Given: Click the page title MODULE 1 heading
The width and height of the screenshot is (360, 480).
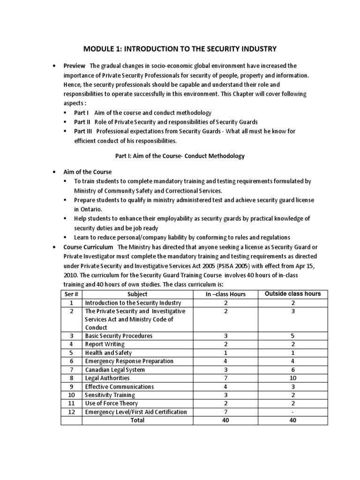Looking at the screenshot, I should click(x=180, y=48).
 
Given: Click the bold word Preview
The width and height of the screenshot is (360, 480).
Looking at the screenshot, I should click(x=75, y=66).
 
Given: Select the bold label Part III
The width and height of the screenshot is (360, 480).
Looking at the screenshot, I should click(x=83, y=131).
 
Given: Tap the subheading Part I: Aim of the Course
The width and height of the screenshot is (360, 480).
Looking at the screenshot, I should click(x=180, y=156).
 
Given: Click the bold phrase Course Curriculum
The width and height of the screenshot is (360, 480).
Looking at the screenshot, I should click(x=89, y=247).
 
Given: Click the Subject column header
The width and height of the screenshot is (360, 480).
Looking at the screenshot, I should click(x=137, y=294).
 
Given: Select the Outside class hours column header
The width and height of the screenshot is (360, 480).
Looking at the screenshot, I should click(x=292, y=294).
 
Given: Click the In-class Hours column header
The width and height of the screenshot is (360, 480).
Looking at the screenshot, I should click(x=225, y=294).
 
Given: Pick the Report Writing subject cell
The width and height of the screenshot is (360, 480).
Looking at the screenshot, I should click(x=105, y=345).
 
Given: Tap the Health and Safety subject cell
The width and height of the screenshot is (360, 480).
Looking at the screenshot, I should click(x=108, y=353).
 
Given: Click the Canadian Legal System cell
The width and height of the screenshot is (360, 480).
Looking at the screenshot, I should click(x=114, y=370).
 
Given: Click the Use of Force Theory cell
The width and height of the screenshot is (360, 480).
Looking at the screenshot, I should click(x=111, y=404).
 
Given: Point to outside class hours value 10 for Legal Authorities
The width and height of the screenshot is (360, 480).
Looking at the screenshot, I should click(x=292, y=378).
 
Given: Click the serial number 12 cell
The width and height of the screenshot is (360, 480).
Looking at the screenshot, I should click(x=72, y=412).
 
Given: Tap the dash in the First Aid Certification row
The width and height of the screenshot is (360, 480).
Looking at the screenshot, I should click(x=292, y=412).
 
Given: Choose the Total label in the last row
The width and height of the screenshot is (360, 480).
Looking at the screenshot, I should click(x=137, y=420).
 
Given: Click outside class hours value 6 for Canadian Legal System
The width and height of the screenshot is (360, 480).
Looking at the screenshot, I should click(x=292, y=370).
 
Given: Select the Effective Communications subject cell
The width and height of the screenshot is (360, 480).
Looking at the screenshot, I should click(x=119, y=387).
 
